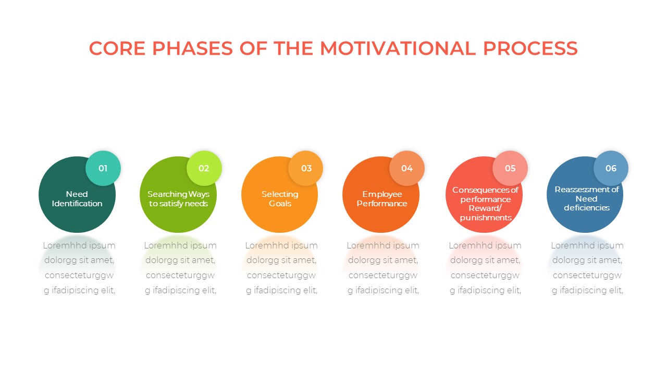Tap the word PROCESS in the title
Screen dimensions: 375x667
tap(530, 48)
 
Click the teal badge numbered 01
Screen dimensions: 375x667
tap(103, 168)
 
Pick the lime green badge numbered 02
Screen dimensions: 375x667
tap(204, 168)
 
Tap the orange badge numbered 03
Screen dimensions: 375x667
tap(306, 168)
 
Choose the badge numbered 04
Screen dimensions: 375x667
tap(407, 168)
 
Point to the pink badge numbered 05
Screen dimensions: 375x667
tap(510, 168)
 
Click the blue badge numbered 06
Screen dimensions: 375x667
tap(611, 168)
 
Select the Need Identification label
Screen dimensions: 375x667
tap(77, 199)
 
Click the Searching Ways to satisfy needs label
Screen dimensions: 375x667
tap(178, 199)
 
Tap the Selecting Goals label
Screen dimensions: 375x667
tap(280, 199)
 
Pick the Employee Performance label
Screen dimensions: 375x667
tap(382, 199)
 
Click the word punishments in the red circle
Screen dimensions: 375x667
tap(486, 218)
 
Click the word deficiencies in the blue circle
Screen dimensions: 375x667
tap(586, 208)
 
